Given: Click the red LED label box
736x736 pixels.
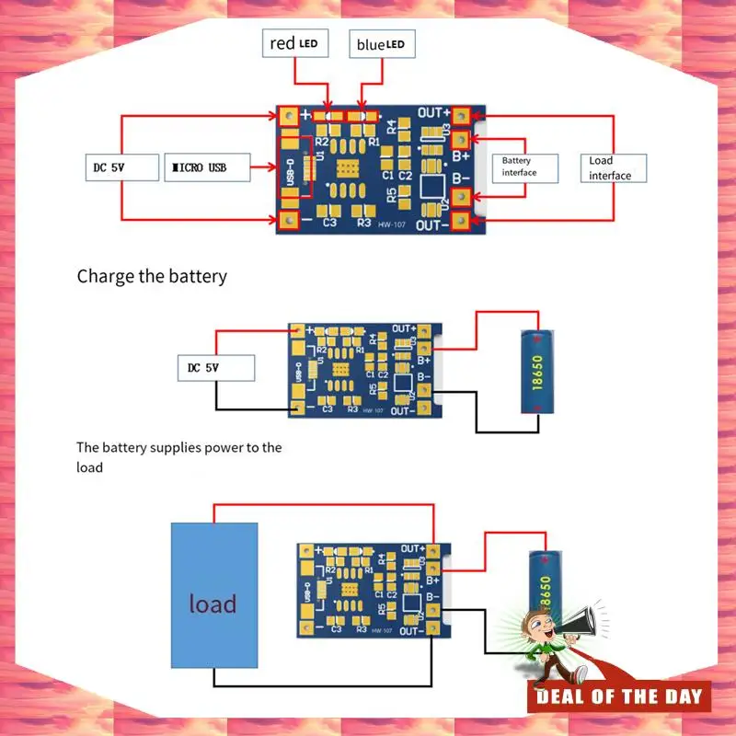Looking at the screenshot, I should pyautogui.click(x=295, y=43).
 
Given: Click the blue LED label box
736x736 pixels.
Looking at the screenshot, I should pyautogui.click(x=380, y=43).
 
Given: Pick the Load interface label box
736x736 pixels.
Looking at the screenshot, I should pyautogui.click(x=612, y=167).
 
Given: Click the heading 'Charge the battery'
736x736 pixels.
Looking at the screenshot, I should pyautogui.click(x=152, y=276).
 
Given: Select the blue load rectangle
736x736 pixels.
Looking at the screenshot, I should pyautogui.click(x=213, y=595).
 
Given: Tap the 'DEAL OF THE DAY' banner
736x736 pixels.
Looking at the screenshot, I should pyautogui.click(x=619, y=696).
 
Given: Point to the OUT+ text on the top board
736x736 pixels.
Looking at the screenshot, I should pyautogui.click(x=433, y=113).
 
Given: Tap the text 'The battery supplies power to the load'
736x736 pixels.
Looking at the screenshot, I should pyautogui.click(x=179, y=457).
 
